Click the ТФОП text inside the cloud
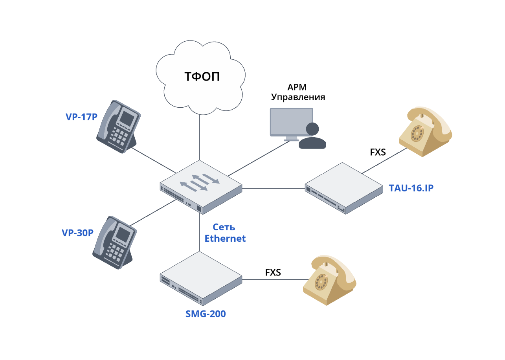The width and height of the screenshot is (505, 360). click(202, 77)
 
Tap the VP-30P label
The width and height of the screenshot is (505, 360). click(77, 233)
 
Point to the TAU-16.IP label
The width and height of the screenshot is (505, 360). click(411, 188)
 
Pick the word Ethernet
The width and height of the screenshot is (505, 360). click(225, 238)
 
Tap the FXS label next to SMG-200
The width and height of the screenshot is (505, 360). click(273, 272)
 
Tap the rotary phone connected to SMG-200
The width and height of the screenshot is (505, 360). click(329, 281)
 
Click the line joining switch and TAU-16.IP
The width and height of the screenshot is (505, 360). click(274, 188)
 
